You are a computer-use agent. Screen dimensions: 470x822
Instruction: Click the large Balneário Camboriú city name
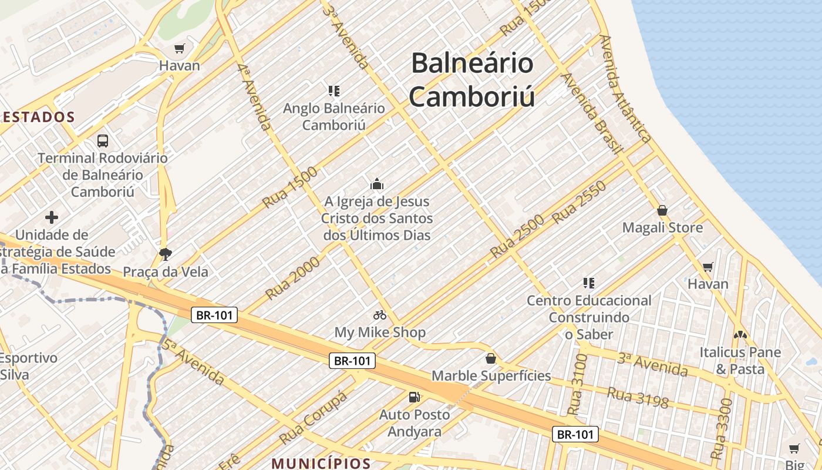click(x=472, y=79)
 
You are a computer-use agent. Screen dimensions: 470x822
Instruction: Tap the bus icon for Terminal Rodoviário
click(x=103, y=141)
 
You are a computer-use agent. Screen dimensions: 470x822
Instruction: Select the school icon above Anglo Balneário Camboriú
click(x=334, y=91)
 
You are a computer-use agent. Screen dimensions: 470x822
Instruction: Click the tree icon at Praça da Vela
click(x=166, y=254)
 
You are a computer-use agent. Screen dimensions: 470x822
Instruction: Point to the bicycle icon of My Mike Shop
click(x=380, y=315)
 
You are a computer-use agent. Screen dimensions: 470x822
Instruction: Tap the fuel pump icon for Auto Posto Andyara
click(x=415, y=397)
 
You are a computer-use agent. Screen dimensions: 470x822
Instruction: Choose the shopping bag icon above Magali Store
click(x=662, y=210)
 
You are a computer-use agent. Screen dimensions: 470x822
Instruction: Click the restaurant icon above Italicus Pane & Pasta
click(x=740, y=335)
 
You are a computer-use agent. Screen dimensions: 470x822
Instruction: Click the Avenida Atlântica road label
click(x=625, y=88)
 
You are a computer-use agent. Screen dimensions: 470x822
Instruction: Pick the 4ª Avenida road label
click(x=255, y=97)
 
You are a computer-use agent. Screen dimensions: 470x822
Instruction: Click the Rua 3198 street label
click(x=638, y=397)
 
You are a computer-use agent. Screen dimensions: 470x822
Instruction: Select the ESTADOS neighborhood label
click(x=39, y=117)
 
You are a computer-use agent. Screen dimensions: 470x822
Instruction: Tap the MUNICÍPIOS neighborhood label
click(x=321, y=464)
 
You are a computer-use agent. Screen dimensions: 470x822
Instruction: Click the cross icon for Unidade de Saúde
click(x=52, y=217)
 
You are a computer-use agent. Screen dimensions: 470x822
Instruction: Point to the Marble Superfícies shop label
click(x=491, y=375)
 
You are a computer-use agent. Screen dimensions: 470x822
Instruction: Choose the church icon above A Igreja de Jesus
click(x=377, y=184)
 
